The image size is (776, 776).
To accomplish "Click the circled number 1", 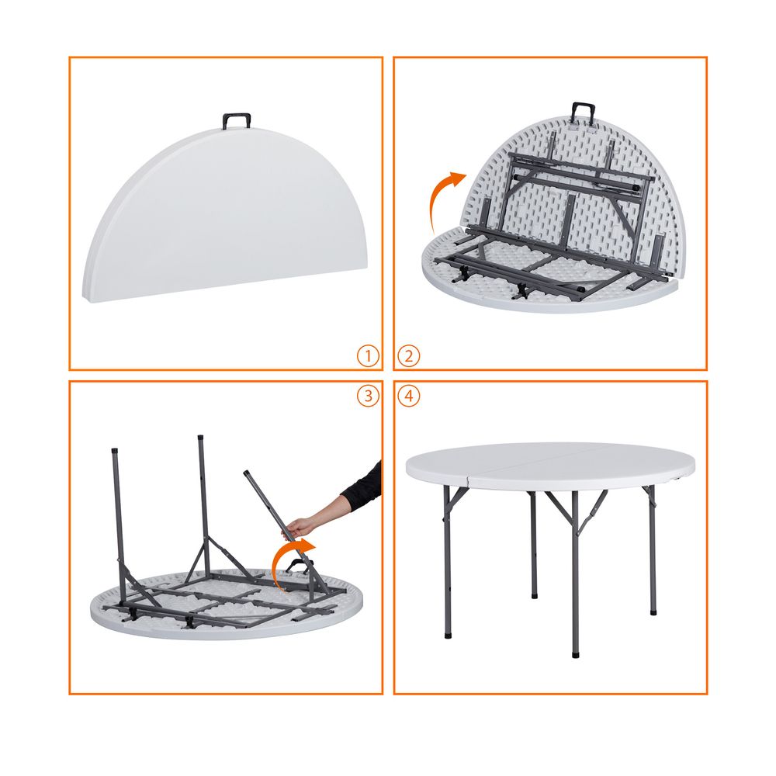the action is (x=368, y=356).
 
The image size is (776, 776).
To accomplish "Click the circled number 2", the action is (x=409, y=356).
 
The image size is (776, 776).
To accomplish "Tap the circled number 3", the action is (x=368, y=396).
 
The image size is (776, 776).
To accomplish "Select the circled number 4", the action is (x=409, y=396).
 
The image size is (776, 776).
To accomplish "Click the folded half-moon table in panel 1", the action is (x=225, y=215).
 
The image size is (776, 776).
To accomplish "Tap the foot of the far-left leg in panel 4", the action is (x=448, y=634).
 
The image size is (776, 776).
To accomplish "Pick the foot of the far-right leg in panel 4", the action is (x=653, y=611).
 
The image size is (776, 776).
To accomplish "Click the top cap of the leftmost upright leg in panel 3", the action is (x=115, y=451).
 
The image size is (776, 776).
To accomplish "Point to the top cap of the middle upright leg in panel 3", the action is (x=200, y=438).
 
